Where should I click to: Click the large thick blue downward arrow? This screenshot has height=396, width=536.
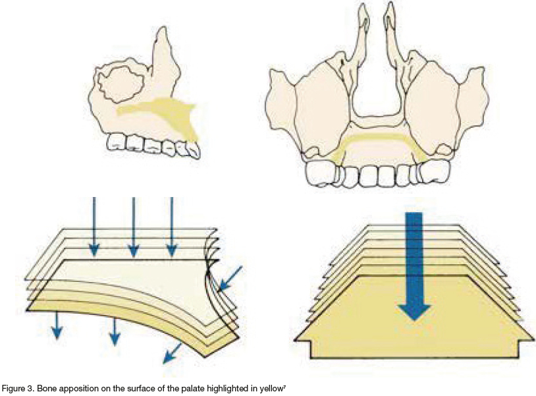coord(414,264)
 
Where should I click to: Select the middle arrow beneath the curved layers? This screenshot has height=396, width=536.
coord(115,330)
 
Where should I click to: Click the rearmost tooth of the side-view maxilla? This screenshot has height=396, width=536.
coord(117,141)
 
